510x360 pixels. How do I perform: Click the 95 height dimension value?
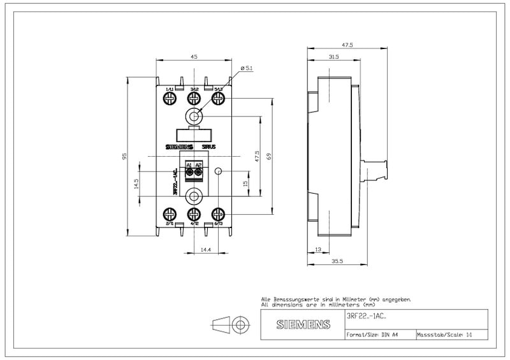[x=126, y=155]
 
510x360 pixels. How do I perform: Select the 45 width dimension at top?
[x=194, y=57]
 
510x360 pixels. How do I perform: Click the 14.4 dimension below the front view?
[x=205, y=249]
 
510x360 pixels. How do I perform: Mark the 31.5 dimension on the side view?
[x=333, y=57]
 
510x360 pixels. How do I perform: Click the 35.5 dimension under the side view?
[x=337, y=261]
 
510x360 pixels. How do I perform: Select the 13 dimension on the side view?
[x=318, y=249]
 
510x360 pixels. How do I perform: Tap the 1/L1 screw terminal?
[x=170, y=98]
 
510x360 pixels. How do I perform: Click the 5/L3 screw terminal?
[x=218, y=98]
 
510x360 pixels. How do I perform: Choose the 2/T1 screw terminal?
[x=170, y=214]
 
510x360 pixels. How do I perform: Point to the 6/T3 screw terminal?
[x=218, y=214]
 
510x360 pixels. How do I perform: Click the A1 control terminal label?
[x=189, y=165]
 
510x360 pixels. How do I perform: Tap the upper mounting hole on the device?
[x=194, y=116]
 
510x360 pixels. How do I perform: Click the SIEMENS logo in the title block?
[x=303, y=325]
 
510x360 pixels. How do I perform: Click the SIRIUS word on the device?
[x=208, y=147]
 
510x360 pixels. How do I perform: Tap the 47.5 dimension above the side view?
[x=347, y=45]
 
